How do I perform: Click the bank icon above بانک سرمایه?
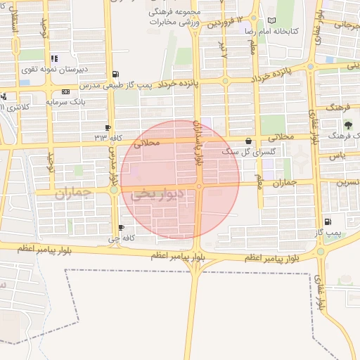click(x=65, y=91)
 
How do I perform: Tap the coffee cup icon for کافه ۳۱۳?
click(x=107, y=127)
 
